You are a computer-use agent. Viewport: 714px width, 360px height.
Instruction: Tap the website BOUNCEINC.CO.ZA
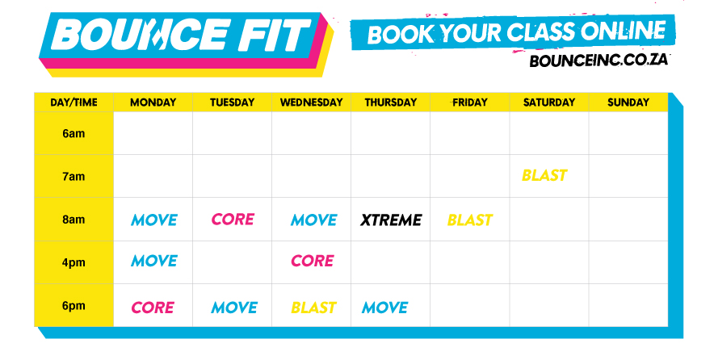pos(598,60)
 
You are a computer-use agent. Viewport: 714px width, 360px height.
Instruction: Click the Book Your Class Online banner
pos(513,32)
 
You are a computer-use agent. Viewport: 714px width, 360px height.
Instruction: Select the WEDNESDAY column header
pos(312,103)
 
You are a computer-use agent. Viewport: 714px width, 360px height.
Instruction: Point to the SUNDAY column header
pos(628,103)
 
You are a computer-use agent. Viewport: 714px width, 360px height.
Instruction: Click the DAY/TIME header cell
pos(73,103)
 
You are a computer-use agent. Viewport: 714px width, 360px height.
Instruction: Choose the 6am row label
pos(73,133)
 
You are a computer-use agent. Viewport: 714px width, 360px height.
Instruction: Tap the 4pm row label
pos(73,262)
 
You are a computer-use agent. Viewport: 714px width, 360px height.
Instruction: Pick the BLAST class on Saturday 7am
pos(544,175)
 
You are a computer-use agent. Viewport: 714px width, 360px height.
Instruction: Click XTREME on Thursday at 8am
pos(391,220)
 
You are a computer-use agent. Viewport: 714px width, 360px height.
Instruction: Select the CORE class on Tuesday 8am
pos(233,219)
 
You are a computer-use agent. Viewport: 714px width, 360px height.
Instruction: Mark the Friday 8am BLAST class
pos(470,220)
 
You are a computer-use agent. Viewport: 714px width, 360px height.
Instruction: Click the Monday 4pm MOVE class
pos(154,261)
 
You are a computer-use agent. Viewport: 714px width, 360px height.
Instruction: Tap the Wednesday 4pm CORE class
pos(313,261)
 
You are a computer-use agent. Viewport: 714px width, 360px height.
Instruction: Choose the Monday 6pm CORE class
pos(153,308)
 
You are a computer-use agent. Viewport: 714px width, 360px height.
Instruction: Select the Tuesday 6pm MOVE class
pos(234,308)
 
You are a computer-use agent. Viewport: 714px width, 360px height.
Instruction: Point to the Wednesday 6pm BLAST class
pos(313,308)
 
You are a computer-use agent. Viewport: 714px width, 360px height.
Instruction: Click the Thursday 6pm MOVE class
pos(384,308)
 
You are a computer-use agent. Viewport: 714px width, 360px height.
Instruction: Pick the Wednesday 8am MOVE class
pos(313,220)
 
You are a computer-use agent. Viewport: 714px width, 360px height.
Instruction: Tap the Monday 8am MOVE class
pos(154,220)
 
